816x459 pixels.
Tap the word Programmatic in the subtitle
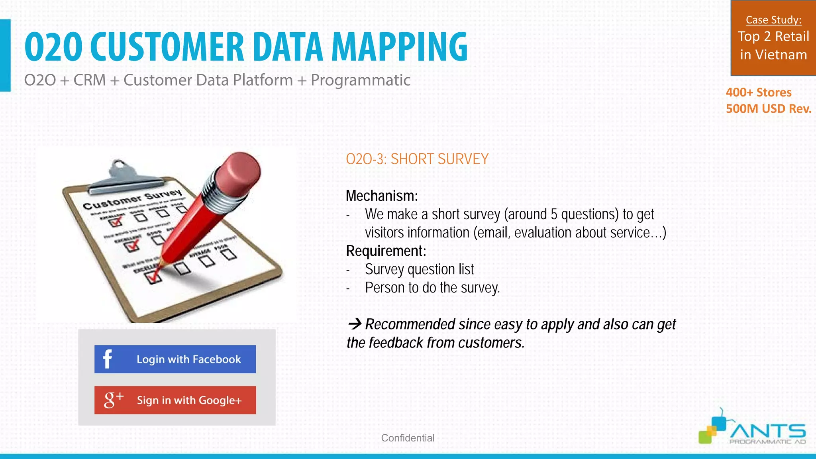[360, 80]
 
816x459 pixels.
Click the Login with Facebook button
[175, 359]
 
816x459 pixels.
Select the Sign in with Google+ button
[175, 400]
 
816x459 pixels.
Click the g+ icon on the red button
[113, 399]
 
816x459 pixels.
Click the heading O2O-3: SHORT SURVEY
[417, 159]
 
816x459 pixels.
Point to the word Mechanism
[381, 196]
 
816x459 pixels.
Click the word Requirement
[385, 251]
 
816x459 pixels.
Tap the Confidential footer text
[408, 438]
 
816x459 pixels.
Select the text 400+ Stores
[758, 92]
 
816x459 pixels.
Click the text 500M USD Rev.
[768, 109]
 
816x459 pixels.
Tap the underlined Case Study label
[773, 20]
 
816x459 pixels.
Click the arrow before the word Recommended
[354, 324]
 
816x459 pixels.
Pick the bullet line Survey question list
[419, 269]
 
